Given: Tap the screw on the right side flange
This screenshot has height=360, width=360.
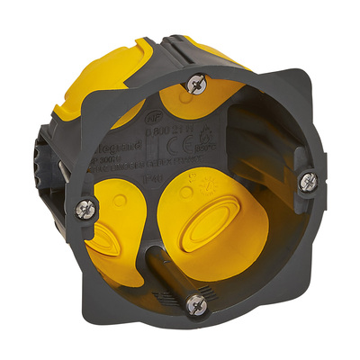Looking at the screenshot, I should point(309,183).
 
